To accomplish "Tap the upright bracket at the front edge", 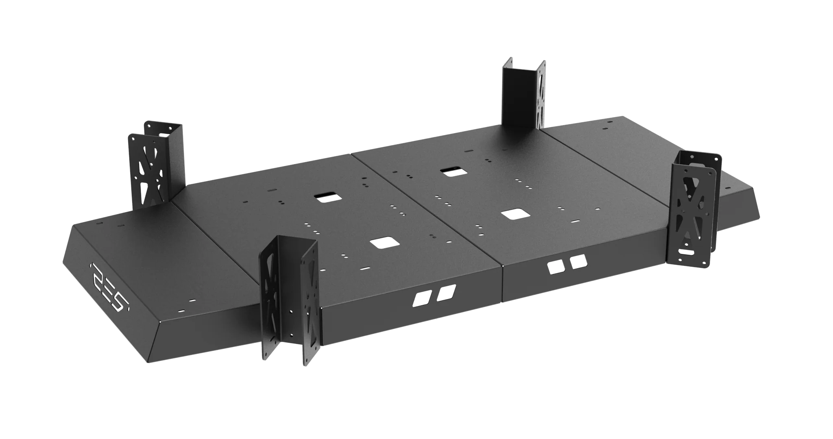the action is click(x=288, y=303).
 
